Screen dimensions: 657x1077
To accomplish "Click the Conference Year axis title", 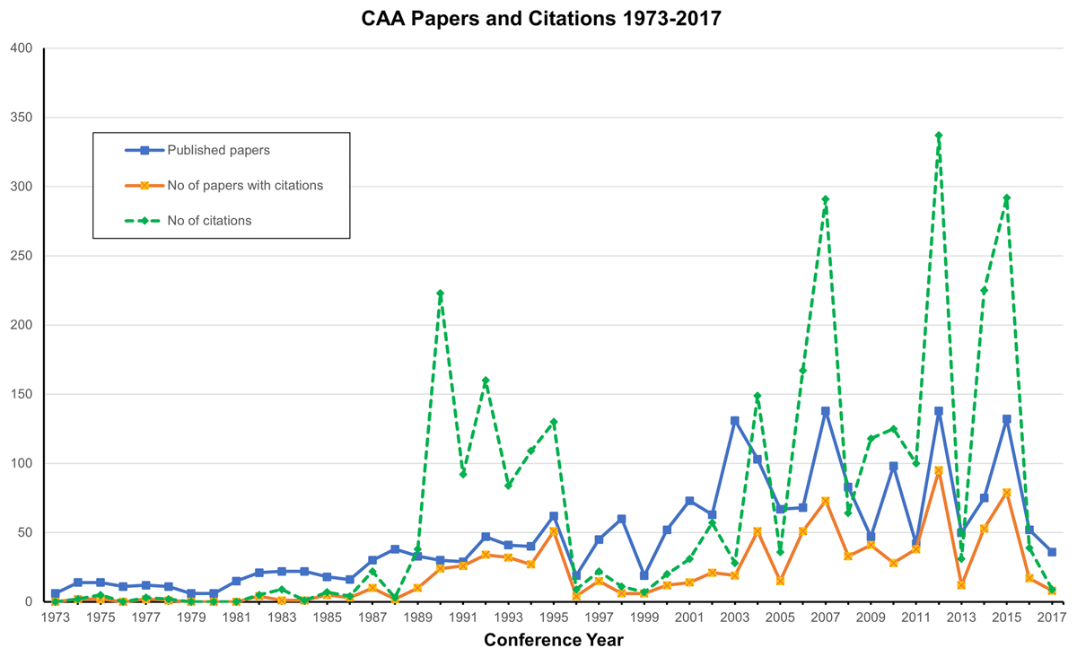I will pyautogui.click(x=553, y=640).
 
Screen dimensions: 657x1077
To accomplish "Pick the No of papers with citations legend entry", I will pyautogui.click(x=244, y=186).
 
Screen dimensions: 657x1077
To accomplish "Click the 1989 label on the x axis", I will pyautogui.click(x=417, y=618).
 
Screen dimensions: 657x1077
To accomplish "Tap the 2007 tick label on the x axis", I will pyautogui.click(x=825, y=618).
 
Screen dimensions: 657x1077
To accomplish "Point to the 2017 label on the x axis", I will pyautogui.click(x=1052, y=618).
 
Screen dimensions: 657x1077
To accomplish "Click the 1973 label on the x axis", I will pyautogui.click(x=55, y=618).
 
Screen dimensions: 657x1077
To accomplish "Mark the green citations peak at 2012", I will pyautogui.click(x=939, y=136).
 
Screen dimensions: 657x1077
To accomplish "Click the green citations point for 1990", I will pyautogui.click(x=440, y=293).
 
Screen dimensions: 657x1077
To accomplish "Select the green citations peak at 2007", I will pyautogui.click(x=825, y=199).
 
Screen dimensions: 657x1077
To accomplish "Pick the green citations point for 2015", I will pyautogui.click(x=1007, y=198).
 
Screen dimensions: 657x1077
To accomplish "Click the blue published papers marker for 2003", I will pyautogui.click(x=734, y=420).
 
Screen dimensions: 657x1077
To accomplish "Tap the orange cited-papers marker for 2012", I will pyautogui.click(x=939, y=470).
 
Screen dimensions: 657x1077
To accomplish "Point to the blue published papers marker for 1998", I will pyautogui.click(x=621, y=519).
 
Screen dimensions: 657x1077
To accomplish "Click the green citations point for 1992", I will pyautogui.click(x=486, y=381).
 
